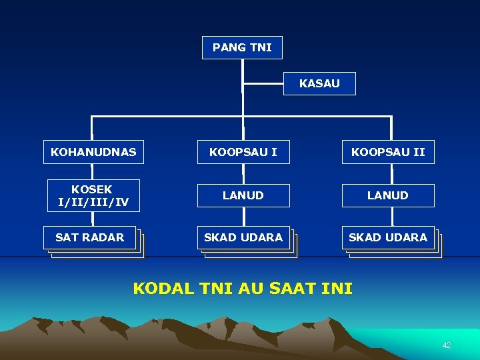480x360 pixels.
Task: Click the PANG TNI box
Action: pos(242,47)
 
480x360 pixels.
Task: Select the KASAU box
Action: pos(319,83)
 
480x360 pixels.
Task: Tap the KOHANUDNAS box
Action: pos(93,152)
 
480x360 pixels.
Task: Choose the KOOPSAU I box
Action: pos(243,152)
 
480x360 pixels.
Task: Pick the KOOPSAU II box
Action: pos(388,152)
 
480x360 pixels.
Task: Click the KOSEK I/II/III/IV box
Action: pos(93,195)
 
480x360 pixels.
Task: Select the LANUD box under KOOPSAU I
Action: pos(243,195)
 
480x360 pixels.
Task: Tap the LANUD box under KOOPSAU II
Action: pos(388,195)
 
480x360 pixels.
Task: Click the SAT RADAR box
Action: pos(90,237)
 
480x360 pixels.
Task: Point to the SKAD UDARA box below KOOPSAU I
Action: pos(243,237)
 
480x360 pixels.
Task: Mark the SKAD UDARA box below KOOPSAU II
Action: pos(388,237)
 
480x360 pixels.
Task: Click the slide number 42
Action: pos(447,345)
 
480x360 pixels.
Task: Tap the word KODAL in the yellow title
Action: pos(161,289)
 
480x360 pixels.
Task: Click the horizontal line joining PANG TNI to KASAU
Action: pos(263,84)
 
